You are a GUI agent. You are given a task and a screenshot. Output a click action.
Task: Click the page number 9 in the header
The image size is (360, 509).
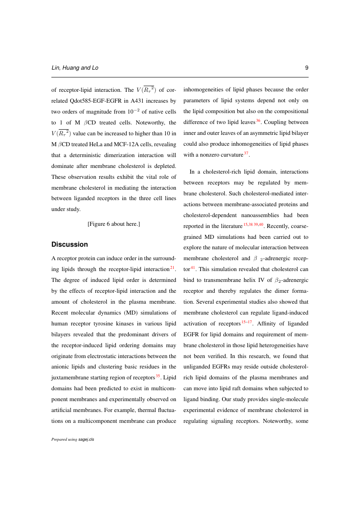point(306,68)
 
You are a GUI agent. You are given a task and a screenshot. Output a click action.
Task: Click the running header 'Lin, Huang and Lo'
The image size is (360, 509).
point(74,68)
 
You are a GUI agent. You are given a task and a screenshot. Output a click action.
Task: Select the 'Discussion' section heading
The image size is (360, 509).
point(70,244)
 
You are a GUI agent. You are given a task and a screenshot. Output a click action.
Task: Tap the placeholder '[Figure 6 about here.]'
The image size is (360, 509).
point(114,224)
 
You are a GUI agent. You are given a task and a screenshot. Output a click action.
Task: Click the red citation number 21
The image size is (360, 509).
point(172,267)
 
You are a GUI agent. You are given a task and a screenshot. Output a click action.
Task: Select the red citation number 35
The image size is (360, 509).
point(158,375)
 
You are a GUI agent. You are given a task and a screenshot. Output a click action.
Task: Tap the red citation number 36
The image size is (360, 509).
point(258,120)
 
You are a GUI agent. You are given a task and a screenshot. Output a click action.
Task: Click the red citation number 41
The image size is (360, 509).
point(193,266)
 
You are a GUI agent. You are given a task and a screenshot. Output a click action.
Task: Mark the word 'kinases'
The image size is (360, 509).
point(122,324)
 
